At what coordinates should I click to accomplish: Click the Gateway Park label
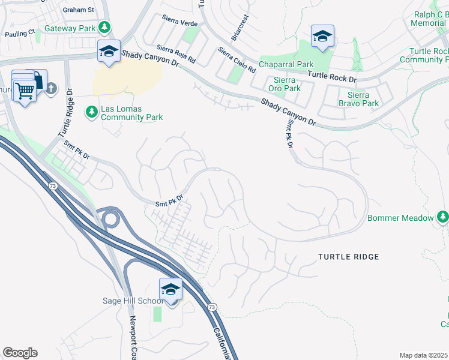tap(74, 28)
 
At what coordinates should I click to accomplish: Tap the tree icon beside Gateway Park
tap(104, 28)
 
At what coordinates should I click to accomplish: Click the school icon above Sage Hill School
tap(171, 290)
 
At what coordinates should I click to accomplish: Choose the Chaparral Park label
tap(286, 64)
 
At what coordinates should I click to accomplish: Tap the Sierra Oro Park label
tap(284, 84)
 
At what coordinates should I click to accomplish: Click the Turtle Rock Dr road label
tap(332, 76)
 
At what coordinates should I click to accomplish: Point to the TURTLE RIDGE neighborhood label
tap(348, 257)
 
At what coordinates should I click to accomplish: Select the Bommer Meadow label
tap(400, 218)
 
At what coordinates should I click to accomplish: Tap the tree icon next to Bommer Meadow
tap(442, 216)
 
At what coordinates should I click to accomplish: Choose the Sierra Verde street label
tap(180, 21)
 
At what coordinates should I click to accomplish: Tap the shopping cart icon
tap(25, 92)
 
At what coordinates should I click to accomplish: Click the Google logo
tap(19, 353)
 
